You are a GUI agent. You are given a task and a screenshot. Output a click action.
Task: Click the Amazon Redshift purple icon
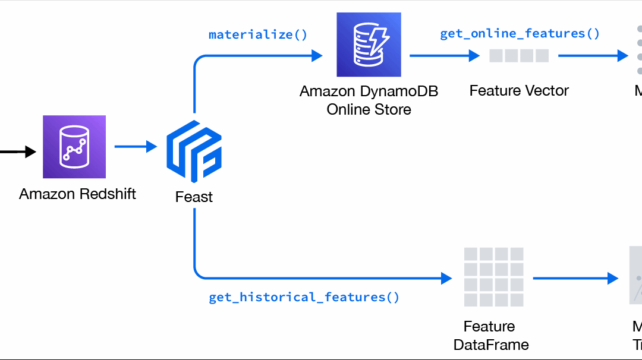point(74,147)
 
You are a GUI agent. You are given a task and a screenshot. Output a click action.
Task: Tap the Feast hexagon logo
point(194,151)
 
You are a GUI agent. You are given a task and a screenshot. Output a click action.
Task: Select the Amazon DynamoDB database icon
point(369,45)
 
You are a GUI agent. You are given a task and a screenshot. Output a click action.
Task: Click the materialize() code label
point(258,34)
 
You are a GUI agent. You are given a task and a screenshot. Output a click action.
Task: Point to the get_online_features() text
point(520,33)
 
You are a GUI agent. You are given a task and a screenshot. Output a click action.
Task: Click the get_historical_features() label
point(304,297)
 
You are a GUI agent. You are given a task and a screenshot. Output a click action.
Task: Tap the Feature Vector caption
point(519,91)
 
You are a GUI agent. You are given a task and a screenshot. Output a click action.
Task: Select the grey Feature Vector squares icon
point(519,56)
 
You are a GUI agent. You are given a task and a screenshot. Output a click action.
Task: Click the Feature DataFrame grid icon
point(493,277)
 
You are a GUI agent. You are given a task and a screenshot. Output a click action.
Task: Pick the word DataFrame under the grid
point(491,345)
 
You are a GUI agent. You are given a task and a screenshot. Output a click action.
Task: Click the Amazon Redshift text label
point(77,194)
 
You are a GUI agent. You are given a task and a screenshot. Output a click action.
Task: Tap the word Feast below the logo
point(194,197)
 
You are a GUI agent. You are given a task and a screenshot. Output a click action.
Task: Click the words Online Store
point(369,109)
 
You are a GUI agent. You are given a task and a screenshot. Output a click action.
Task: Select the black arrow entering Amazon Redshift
point(18,153)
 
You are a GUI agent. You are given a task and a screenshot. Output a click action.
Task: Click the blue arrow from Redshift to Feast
point(136,146)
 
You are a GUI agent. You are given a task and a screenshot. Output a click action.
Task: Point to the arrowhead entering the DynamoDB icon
point(317,56)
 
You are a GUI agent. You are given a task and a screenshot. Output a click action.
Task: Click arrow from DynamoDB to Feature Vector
point(444,56)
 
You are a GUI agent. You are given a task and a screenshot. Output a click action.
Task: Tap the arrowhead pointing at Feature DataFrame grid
point(446,277)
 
